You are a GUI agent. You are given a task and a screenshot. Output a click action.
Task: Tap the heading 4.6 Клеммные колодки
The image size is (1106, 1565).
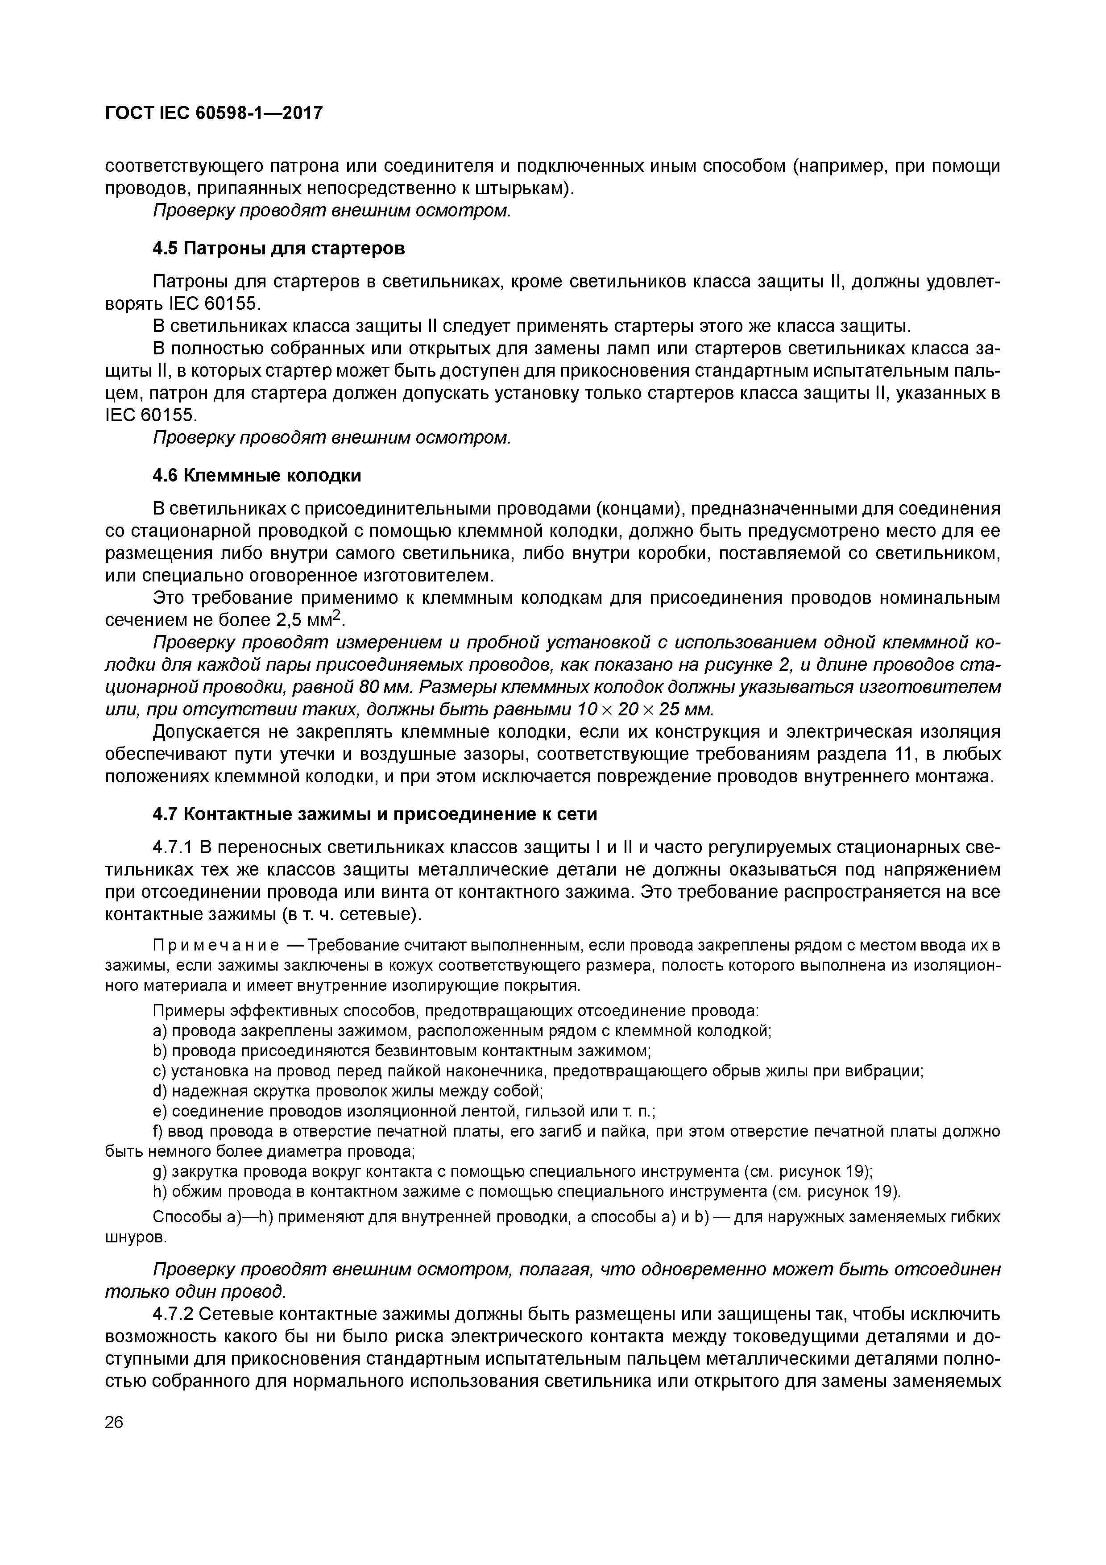pos(257,475)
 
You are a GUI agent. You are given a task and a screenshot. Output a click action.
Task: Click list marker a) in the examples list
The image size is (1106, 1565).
pos(160,1031)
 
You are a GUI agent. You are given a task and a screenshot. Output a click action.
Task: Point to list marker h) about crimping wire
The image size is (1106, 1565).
pos(160,1191)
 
